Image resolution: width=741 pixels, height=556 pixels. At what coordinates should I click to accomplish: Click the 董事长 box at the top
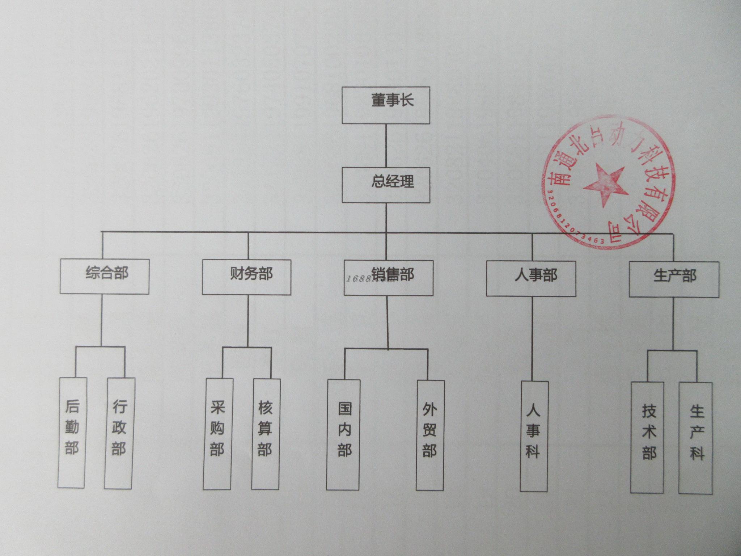tap(386, 105)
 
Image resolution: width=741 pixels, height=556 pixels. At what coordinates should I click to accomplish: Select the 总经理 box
tap(386, 185)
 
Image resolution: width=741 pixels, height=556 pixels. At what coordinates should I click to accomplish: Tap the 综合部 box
tap(105, 276)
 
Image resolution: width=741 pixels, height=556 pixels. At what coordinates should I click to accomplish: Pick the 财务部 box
tap(246, 277)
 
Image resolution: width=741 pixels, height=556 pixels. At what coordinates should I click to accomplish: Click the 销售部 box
tap(388, 278)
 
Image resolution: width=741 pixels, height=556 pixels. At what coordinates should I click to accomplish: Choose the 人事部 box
tap(531, 278)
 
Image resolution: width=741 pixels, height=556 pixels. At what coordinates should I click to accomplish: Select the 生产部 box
tap(674, 279)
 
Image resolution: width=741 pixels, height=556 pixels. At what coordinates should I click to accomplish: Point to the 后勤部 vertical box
tap(72, 433)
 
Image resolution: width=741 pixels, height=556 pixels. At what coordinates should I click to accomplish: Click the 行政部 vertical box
tap(119, 433)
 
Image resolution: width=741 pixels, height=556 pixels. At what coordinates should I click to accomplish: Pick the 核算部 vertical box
tap(266, 434)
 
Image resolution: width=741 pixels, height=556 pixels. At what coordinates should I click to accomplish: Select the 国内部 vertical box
tap(343, 434)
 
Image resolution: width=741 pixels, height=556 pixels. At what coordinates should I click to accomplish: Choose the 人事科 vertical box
tap(534, 436)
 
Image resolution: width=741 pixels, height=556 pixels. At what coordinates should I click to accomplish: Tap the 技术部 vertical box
tap(647, 437)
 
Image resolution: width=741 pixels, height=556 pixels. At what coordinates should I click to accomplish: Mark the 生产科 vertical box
tap(695, 438)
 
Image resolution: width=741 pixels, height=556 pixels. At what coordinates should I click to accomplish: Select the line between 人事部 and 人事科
tap(532, 338)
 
